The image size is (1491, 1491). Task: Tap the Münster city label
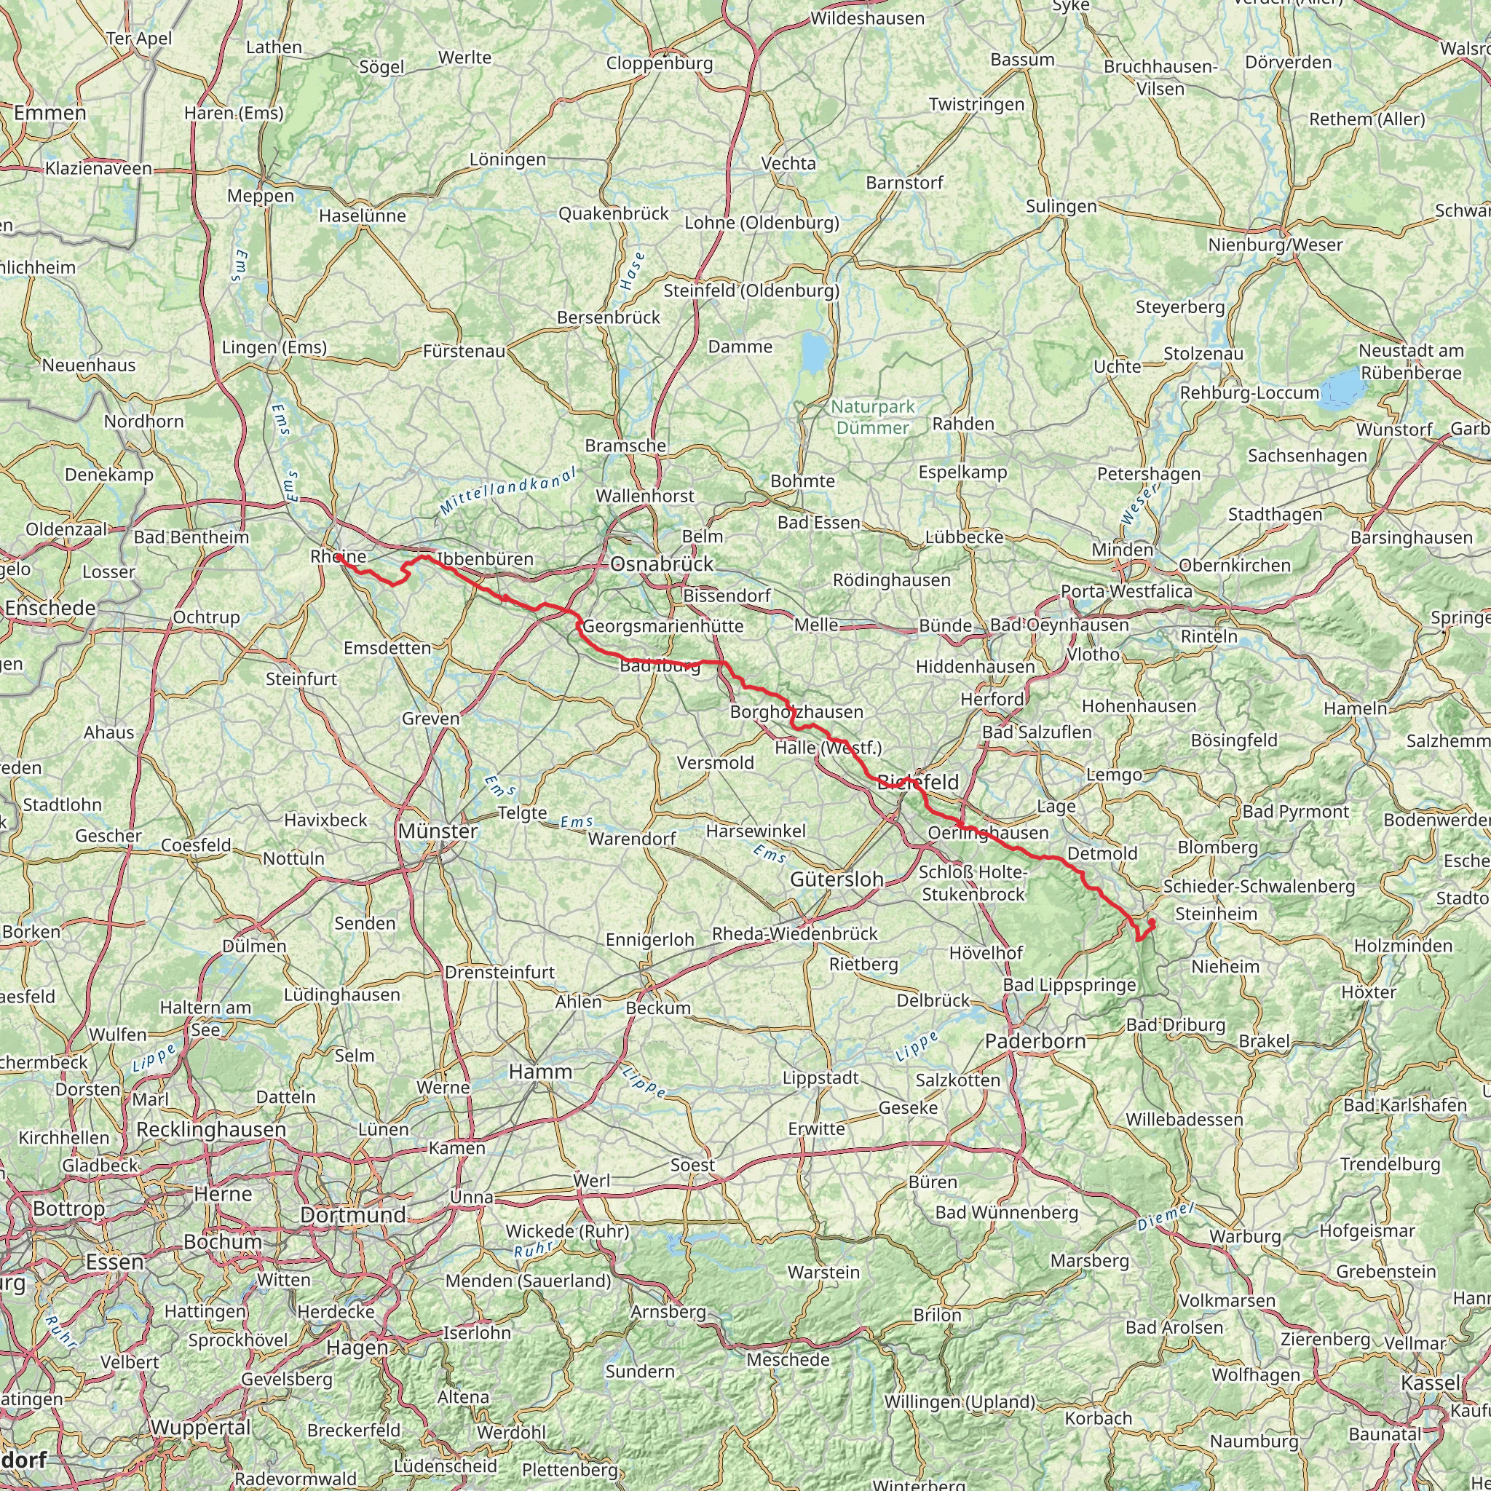coord(438,831)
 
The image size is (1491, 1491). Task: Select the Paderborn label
coord(1035,1041)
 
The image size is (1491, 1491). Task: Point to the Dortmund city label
coord(352,1215)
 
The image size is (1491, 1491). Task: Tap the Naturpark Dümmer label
coord(873,416)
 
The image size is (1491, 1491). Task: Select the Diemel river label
coord(1166,1217)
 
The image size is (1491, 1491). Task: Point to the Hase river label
coord(631,271)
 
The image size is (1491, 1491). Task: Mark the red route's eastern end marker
coord(1152,922)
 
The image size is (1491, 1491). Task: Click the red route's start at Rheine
coord(338,556)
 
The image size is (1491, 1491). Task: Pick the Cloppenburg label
coord(659,63)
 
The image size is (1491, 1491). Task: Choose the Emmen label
coord(50,113)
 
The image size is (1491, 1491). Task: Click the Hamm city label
coord(540,1071)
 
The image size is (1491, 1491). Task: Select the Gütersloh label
coord(837,879)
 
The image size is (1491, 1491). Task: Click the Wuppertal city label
coord(201,1427)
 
